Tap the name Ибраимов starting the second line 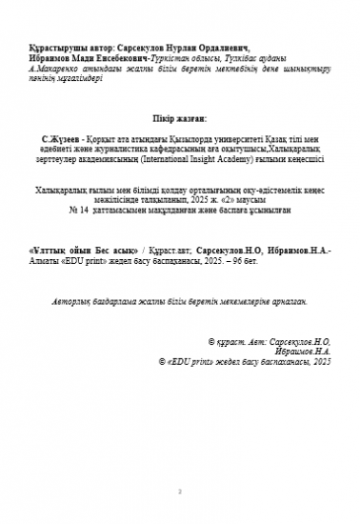click(48, 56)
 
